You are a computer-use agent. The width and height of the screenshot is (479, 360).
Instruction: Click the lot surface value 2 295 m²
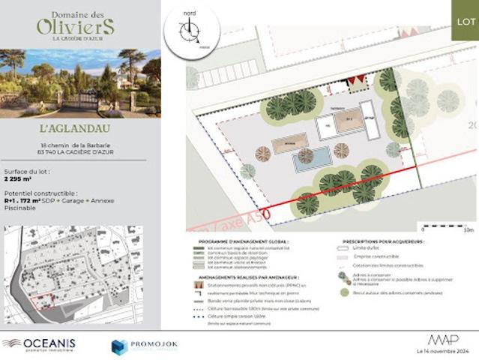click(x=19, y=179)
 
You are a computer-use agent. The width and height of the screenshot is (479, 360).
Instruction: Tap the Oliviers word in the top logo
click(x=76, y=26)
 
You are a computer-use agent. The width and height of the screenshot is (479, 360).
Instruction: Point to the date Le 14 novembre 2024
click(x=442, y=351)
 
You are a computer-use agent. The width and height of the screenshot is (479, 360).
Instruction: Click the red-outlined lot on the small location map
click(x=46, y=300)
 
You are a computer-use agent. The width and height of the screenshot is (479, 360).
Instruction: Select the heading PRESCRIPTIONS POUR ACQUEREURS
click(x=382, y=241)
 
